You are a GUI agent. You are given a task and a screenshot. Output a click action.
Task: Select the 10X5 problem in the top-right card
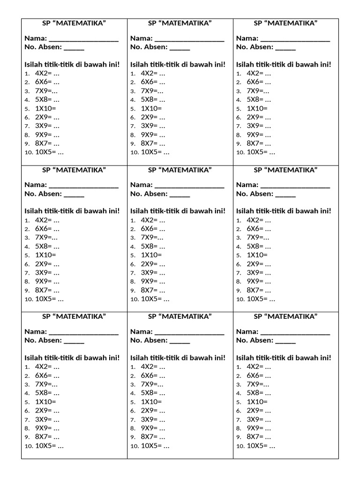coord(261,152)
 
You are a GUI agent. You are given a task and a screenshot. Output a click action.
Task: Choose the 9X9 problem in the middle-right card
coord(259,281)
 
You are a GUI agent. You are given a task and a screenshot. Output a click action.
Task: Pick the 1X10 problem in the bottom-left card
coord(45,402)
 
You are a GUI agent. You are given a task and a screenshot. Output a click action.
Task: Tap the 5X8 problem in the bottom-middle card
coord(153,393)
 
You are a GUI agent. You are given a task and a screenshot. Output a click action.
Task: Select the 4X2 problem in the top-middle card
coord(153,73)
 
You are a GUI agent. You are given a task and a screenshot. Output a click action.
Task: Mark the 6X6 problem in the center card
coord(153,229)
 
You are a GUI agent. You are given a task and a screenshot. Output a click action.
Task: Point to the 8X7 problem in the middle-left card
coord(47,290)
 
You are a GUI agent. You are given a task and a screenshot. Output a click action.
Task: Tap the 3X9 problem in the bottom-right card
coord(259,419)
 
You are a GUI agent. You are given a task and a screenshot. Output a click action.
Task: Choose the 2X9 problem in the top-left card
coord(47,117)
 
